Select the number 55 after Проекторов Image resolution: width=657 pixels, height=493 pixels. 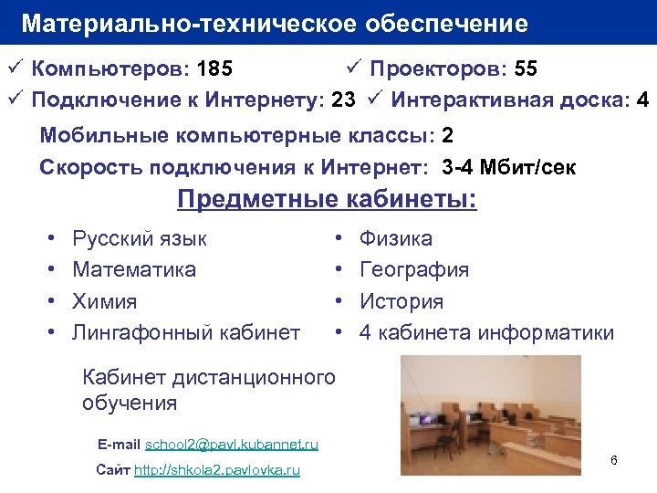(x=526, y=69)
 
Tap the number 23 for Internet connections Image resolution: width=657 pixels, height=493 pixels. (x=343, y=100)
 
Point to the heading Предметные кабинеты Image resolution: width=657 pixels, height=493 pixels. (x=327, y=199)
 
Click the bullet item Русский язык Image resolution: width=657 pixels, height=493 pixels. (x=140, y=239)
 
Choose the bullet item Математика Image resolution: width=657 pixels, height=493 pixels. (x=134, y=270)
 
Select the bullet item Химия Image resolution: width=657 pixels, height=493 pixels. (x=105, y=301)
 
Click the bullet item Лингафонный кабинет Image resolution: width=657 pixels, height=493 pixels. (x=186, y=332)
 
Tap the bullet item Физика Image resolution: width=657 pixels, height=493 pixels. (x=396, y=239)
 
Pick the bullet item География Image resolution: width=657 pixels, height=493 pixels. (x=414, y=270)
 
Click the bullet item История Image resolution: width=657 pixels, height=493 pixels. (x=401, y=301)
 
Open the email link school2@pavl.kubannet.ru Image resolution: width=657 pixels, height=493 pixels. (x=232, y=445)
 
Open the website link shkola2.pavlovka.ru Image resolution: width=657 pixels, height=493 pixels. (x=216, y=470)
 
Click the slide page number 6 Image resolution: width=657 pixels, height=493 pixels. (x=614, y=460)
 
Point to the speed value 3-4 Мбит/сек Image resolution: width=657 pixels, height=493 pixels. (x=508, y=168)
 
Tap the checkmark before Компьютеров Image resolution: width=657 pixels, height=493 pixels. (x=13, y=69)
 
